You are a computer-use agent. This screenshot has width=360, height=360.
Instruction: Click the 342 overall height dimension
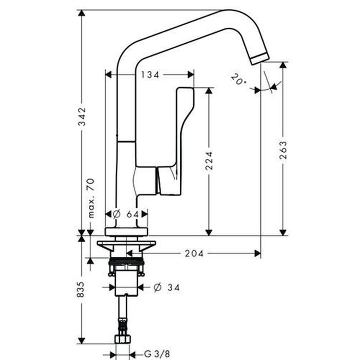[82, 116]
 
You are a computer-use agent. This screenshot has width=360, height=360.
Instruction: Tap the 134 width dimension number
[150, 75]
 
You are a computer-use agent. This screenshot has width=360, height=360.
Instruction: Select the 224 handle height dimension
[209, 161]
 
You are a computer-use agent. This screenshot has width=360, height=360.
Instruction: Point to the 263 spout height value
[283, 150]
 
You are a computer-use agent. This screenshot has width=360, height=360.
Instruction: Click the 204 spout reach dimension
[194, 254]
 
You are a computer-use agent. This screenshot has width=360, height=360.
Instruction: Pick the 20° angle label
[238, 79]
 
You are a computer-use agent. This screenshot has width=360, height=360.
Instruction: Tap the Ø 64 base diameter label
[126, 215]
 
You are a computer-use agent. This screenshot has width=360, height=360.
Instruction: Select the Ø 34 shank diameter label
[167, 287]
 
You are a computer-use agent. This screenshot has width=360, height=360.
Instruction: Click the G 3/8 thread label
[157, 354]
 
